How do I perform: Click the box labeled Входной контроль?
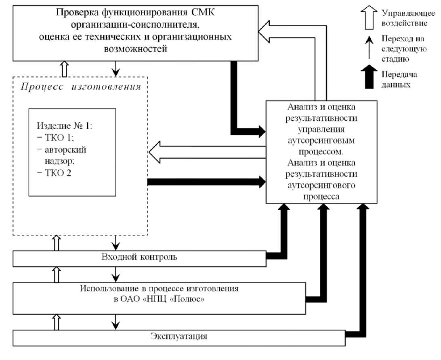[x=139, y=257]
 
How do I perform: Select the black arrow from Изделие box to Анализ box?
[x=206, y=182]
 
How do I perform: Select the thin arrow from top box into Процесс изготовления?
[x=116, y=68]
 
